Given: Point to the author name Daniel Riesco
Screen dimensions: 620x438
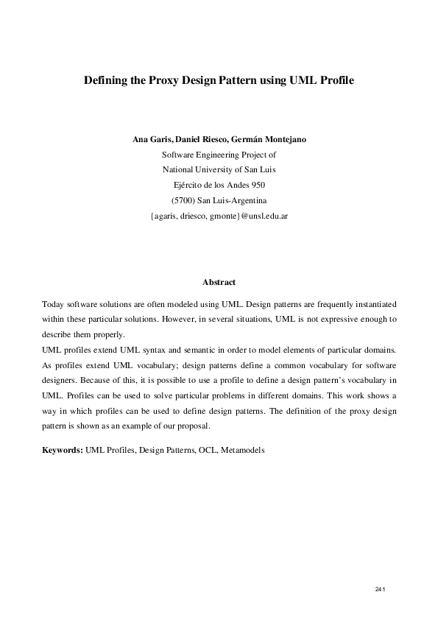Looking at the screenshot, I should pos(205,140).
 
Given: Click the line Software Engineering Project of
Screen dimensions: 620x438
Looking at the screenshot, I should pos(219,155).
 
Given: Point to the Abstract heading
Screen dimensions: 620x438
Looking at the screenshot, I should pos(219,282).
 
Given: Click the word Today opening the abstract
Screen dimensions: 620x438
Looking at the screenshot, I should pos(52,303).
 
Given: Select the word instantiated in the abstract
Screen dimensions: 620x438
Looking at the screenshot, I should pos(375,303).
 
